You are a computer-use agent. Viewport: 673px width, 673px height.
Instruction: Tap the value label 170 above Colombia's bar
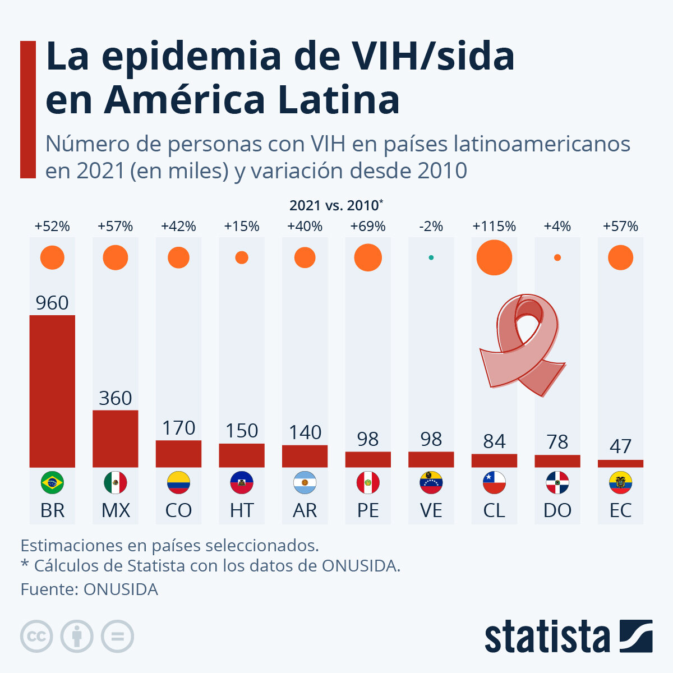pos(178,428)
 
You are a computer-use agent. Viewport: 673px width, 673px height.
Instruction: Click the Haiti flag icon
pos(242,482)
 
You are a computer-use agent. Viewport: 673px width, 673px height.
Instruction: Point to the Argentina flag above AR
pos(305,482)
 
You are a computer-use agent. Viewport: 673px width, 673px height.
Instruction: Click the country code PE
pos(368,510)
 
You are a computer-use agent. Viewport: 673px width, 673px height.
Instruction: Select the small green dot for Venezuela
pos(431,257)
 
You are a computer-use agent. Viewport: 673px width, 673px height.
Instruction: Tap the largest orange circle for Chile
pos(494,257)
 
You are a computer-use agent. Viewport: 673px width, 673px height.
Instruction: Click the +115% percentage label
pos(494,227)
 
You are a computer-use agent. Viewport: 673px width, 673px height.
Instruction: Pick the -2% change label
pos(431,227)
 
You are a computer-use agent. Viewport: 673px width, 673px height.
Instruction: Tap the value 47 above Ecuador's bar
pos(620,446)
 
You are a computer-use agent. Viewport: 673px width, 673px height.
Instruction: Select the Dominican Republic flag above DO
pos(557,482)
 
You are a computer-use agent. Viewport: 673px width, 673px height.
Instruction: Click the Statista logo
pos(568,637)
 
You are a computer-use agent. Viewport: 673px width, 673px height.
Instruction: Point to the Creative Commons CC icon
pos(36,637)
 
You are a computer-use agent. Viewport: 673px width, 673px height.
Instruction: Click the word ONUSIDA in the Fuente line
pos(121,589)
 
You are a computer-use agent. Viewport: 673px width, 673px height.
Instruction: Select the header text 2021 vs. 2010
pos(335,205)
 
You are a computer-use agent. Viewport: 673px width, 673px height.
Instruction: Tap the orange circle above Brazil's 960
pos(52,257)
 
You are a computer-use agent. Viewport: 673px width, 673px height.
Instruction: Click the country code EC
pos(620,510)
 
